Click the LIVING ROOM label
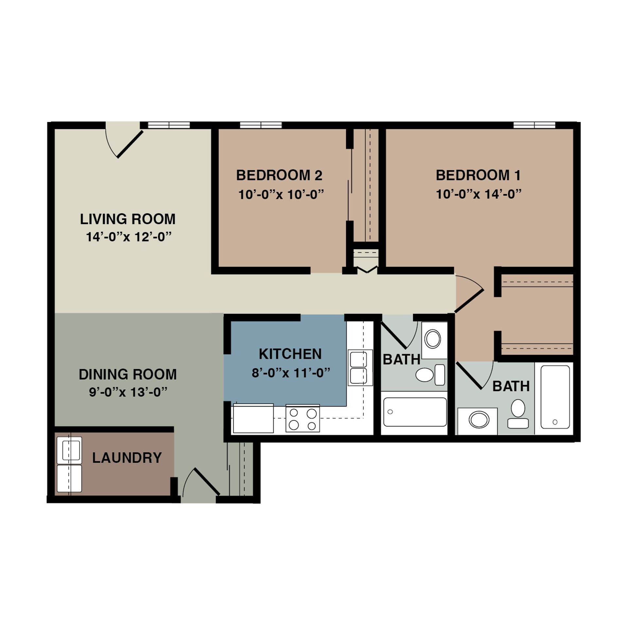pos(128,219)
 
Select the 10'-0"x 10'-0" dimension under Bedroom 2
pos(281,195)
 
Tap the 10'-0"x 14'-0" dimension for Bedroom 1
pos(478,194)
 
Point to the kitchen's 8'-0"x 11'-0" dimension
pos(290,373)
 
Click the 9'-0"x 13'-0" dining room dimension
pos(128,392)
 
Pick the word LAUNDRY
pos(127,458)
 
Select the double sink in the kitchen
pos(360,367)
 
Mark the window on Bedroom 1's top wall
pos(534,125)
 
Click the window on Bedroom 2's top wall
pos(261,125)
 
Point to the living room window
pos(169,125)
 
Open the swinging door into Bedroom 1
pos(469,300)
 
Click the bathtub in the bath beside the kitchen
pos(415,412)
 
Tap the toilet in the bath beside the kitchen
pos(429,375)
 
